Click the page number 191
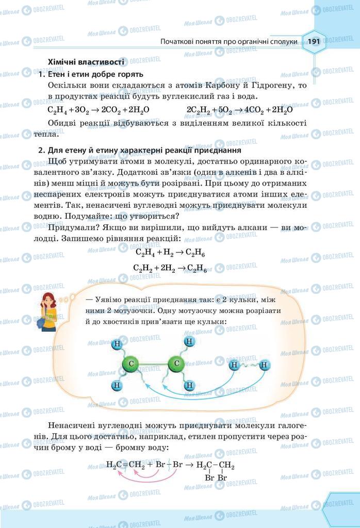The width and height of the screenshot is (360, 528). [314, 41]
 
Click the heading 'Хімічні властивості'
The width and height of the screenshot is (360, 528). [85, 62]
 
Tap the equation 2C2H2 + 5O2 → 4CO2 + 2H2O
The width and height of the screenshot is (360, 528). [240, 109]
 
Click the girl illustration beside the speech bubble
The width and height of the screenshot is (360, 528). [48, 311]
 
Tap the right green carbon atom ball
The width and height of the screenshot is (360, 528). [176, 365]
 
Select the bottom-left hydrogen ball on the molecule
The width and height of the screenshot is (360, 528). [117, 385]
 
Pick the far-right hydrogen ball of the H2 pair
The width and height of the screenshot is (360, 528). [265, 366]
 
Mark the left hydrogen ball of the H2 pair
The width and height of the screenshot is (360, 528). [234, 366]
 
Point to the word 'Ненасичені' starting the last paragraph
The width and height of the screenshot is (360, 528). [73, 426]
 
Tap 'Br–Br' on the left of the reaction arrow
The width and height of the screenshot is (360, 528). [171, 465]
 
